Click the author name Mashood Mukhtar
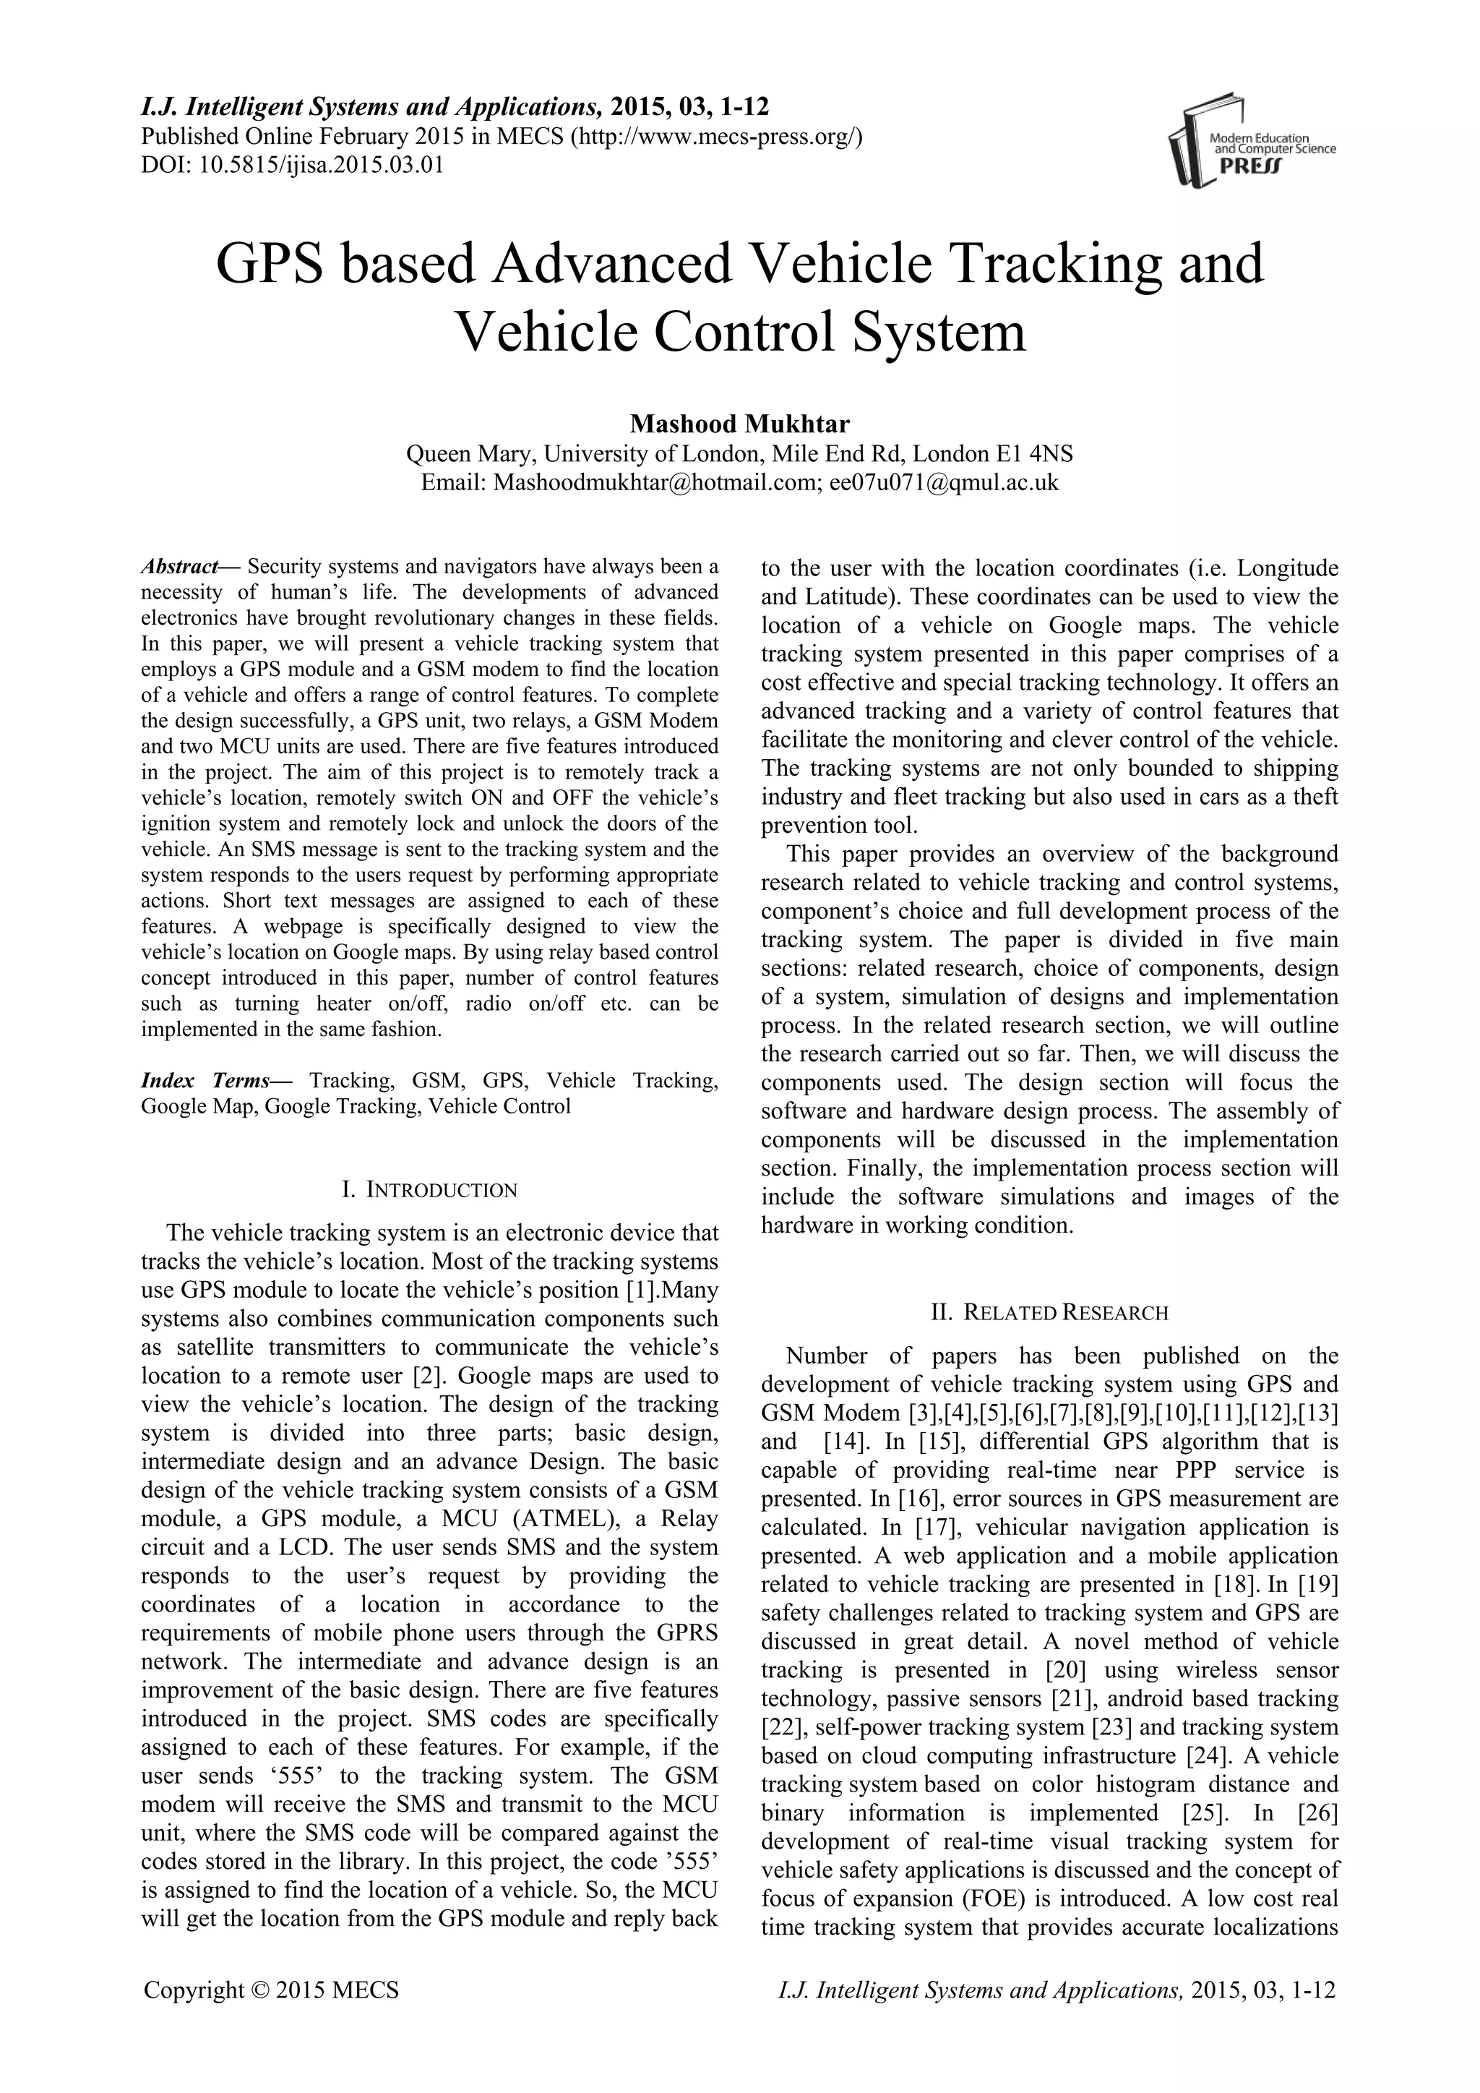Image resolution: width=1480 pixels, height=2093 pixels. [x=739, y=424]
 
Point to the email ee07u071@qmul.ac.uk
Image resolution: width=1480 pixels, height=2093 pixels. [x=944, y=482]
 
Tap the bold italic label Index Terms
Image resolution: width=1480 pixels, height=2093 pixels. [x=206, y=1081]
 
